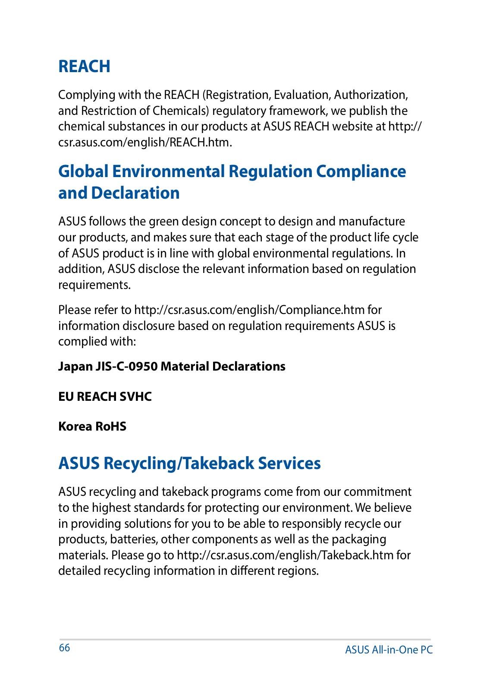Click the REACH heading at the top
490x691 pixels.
pos(84,67)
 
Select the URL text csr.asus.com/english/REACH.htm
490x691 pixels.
pos(145,143)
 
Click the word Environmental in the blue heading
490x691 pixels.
pos(169,171)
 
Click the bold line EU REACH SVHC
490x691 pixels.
pos(105,396)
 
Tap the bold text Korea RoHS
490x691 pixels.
pos(92,427)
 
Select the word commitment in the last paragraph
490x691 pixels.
pos(377,492)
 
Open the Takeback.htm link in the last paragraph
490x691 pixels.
pos(285,555)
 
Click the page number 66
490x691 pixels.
pos(64,648)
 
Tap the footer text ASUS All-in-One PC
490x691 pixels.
pos(389,650)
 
